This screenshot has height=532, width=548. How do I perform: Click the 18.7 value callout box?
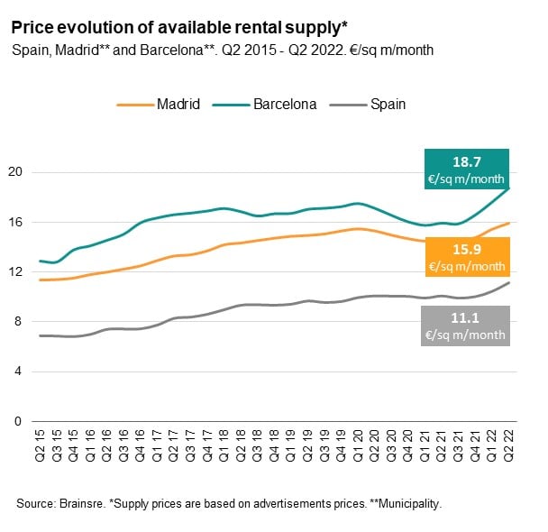pyautogui.click(x=467, y=169)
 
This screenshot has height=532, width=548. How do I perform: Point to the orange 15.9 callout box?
pyautogui.click(x=467, y=257)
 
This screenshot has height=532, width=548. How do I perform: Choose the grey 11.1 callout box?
pyautogui.click(x=467, y=325)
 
